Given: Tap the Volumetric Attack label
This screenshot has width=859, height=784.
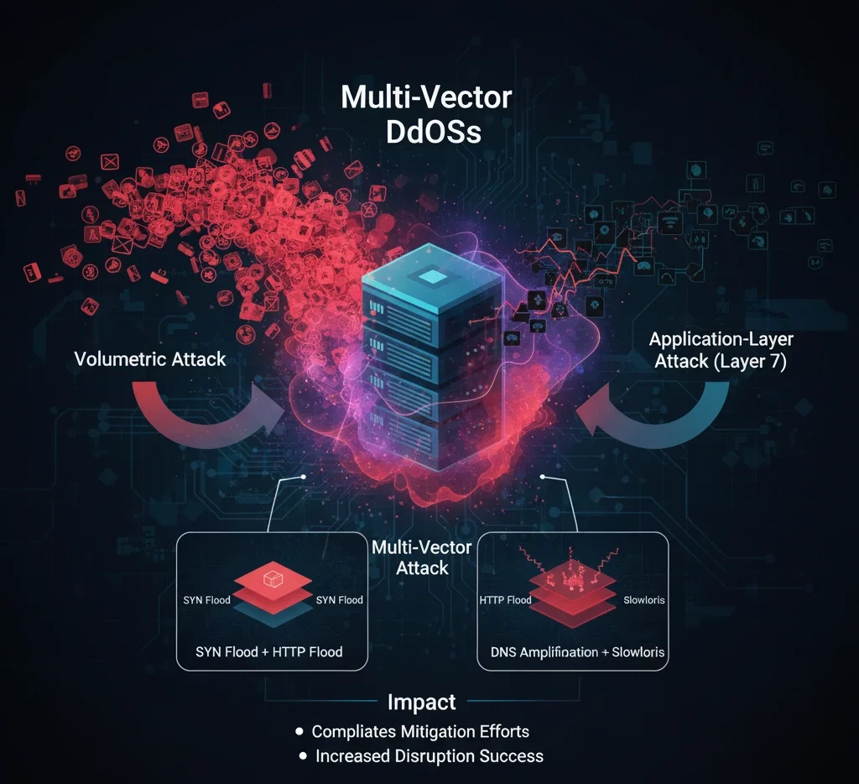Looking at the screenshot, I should [x=150, y=359].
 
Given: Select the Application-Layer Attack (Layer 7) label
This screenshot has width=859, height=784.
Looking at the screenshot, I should [x=721, y=352].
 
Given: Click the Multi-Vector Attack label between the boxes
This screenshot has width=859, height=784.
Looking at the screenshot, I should [x=422, y=557].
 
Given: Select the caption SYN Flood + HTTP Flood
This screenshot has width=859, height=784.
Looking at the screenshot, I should [x=269, y=651].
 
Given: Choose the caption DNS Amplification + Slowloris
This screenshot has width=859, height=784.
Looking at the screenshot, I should [x=572, y=651].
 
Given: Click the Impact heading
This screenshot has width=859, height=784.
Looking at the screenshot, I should [x=422, y=703].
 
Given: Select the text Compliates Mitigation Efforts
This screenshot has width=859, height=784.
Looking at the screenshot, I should [x=420, y=731].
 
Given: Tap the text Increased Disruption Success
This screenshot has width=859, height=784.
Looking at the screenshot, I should [x=429, y=756].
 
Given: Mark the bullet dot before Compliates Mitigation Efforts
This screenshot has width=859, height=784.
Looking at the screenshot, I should [x=299, y=731].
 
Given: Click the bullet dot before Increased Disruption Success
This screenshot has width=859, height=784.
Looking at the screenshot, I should [x=303, y=756].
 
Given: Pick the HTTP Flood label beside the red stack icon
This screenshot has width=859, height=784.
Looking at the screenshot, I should [x=505, y=600].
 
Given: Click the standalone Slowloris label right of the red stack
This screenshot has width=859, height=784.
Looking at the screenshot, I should [x=644, y=600].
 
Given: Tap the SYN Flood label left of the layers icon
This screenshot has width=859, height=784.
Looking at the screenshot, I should [x=206, y=600].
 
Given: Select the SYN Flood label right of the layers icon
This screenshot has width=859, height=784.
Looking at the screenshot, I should [x=339, y=600].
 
